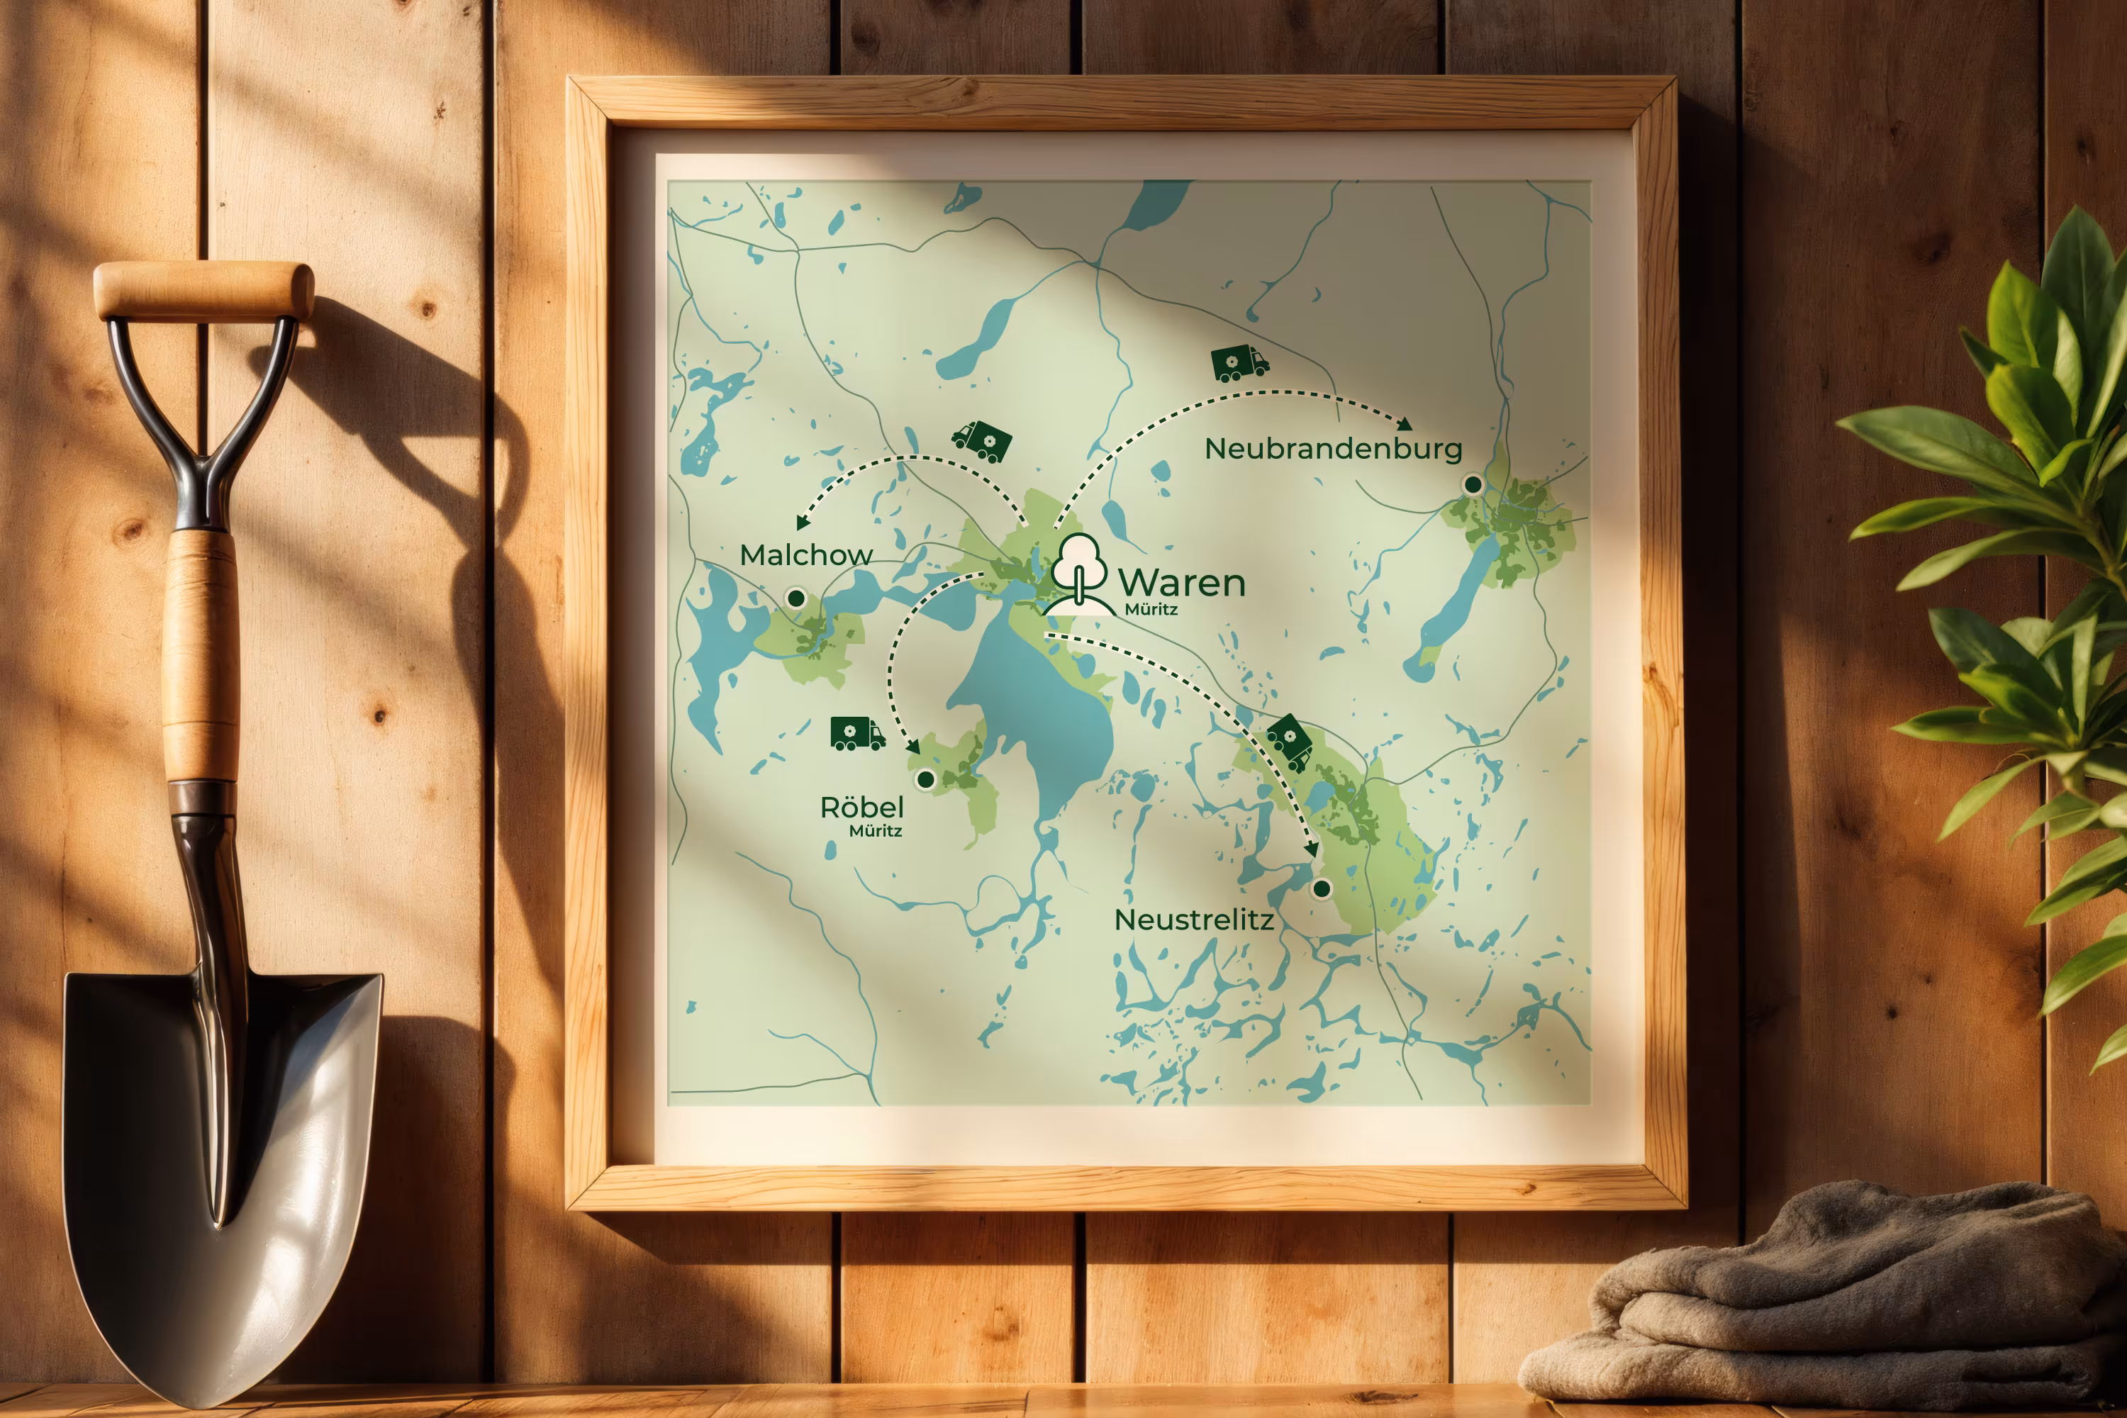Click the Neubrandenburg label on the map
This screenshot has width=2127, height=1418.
click(1333, 449)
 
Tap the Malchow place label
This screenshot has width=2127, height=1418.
click(805, 554)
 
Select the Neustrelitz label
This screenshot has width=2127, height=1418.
click(1194, 920)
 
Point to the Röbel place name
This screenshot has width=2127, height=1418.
click(862, 807)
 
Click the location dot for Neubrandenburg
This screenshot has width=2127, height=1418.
click(1473, 485)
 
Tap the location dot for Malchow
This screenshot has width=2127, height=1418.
click(795, 598)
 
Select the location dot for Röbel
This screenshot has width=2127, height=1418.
click(925, 778)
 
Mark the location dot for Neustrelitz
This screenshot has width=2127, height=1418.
click(1322, 888)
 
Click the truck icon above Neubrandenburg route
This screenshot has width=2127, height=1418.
click(1238, 362)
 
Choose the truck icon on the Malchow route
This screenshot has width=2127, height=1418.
click(982, 440)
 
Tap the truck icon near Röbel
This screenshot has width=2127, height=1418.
click(856, 733)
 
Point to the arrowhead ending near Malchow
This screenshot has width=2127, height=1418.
click(802, 523)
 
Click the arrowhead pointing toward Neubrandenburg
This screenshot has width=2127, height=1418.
click(1405, 424)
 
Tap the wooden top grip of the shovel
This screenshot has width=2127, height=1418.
click(203, 289)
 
